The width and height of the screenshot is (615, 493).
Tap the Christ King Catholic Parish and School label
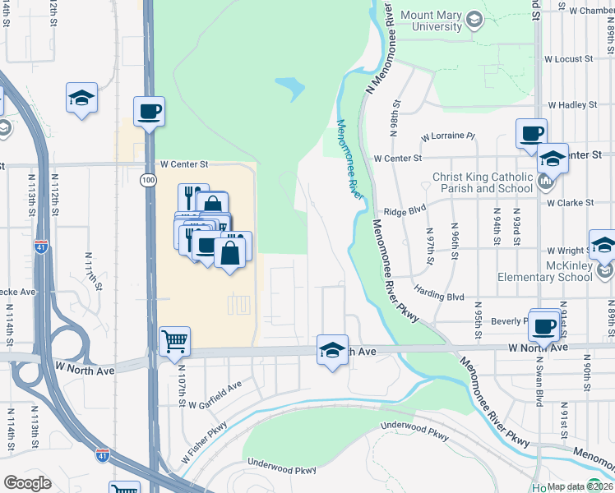487,182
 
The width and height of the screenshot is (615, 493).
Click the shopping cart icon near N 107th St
174,341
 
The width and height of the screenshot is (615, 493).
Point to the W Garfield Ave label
215,395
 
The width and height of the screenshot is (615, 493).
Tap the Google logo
27,483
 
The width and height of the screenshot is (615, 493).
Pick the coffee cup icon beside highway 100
149,112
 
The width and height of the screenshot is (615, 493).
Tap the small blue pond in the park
290,86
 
